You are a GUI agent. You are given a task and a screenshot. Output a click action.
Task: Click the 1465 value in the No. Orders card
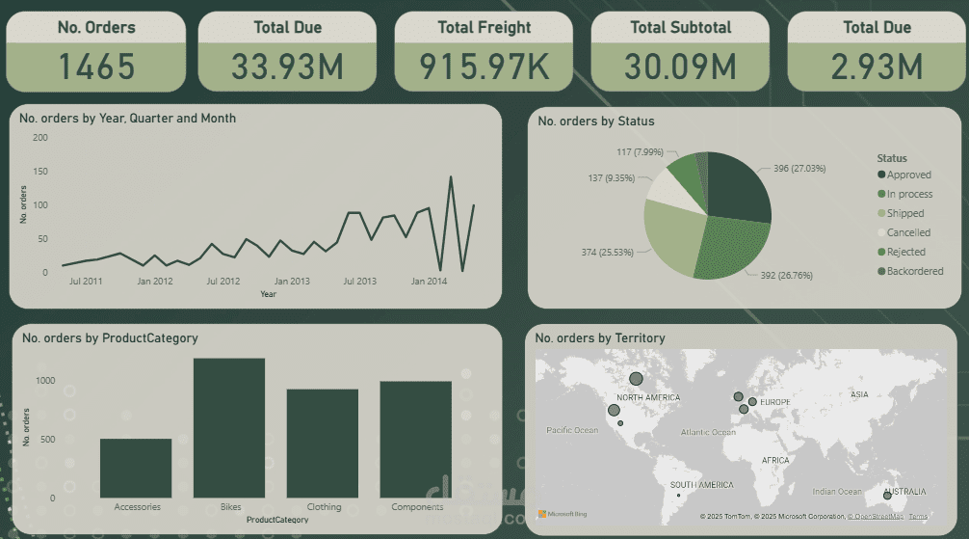96,67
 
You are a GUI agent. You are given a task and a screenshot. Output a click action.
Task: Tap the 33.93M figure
287,67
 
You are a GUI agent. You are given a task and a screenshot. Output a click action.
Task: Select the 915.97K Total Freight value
484,67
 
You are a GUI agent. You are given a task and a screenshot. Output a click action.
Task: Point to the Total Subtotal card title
680,28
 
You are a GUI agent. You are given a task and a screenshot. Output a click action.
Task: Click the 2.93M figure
877,67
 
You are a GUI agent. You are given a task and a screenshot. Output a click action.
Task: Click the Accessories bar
136,469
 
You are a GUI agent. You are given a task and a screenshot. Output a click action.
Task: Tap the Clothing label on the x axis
324,507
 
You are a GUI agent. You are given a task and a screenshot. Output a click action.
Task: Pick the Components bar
416,440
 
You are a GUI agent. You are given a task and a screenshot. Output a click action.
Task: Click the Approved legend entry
908,175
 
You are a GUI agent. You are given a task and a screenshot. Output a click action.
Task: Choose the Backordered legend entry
914,272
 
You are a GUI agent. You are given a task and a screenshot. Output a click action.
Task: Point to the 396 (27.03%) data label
799,169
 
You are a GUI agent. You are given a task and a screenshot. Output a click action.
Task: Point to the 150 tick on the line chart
40,171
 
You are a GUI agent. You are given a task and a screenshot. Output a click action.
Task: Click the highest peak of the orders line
451,177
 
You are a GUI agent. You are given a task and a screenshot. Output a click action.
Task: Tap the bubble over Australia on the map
887,496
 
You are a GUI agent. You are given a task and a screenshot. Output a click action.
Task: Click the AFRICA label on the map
775,461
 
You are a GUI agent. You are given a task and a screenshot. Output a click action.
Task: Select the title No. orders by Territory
600,338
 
